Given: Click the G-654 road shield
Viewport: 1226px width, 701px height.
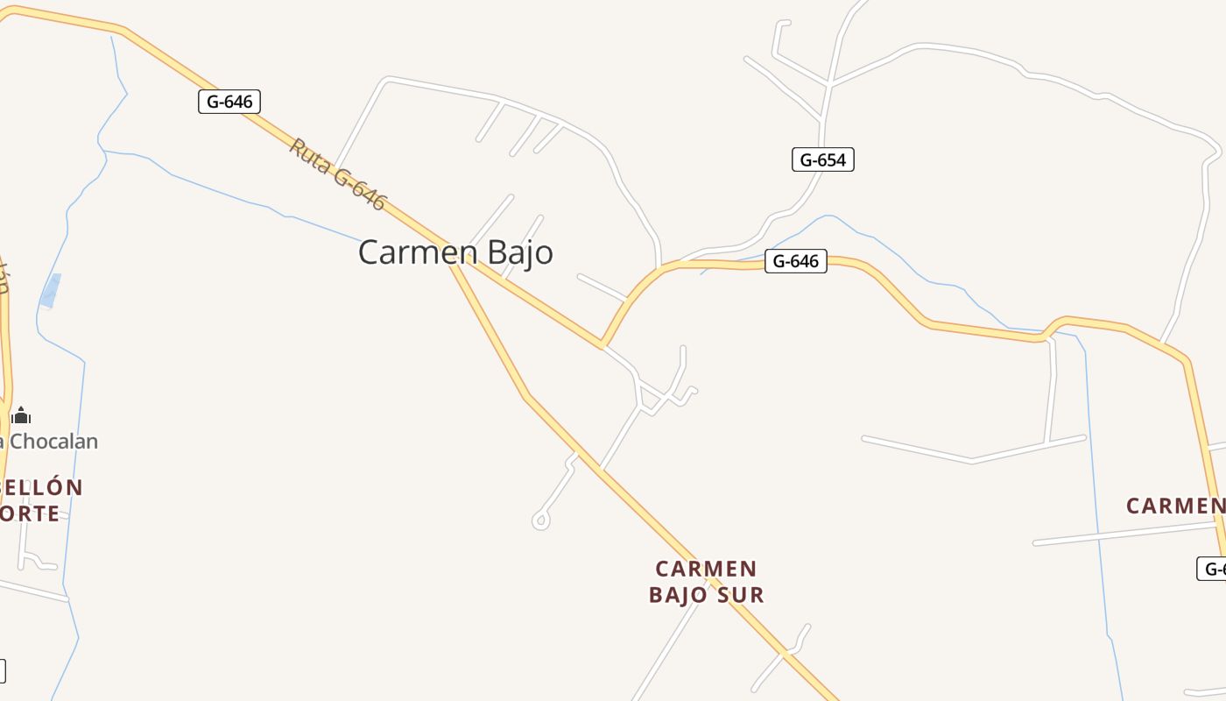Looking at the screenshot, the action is (822, 159).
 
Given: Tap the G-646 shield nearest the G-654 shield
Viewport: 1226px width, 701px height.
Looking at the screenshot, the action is (795, 261).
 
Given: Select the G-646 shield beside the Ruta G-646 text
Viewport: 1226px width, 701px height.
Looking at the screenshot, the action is (229, 102).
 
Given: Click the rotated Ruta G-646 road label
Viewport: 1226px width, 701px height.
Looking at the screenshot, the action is (337, 173).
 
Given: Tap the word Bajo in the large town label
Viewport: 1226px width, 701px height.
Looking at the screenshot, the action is (520, 252).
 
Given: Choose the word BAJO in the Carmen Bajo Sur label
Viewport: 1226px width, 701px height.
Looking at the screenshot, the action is (679, 595).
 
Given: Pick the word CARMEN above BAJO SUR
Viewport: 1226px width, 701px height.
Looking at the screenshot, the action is (706, 569).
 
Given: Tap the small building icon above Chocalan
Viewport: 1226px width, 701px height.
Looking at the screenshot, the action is (22, 416).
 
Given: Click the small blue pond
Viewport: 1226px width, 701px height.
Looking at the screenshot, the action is (51, 291).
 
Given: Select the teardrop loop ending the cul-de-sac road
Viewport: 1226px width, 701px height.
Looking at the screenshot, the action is (540, 521).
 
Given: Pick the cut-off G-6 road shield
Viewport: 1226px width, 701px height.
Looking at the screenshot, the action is (1212, 569).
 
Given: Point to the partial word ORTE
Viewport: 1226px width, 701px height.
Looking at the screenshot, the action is (30, 513).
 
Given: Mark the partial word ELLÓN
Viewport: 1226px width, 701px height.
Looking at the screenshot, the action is (41, 487).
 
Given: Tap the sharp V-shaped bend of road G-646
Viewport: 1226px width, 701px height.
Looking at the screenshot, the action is (602, 344).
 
